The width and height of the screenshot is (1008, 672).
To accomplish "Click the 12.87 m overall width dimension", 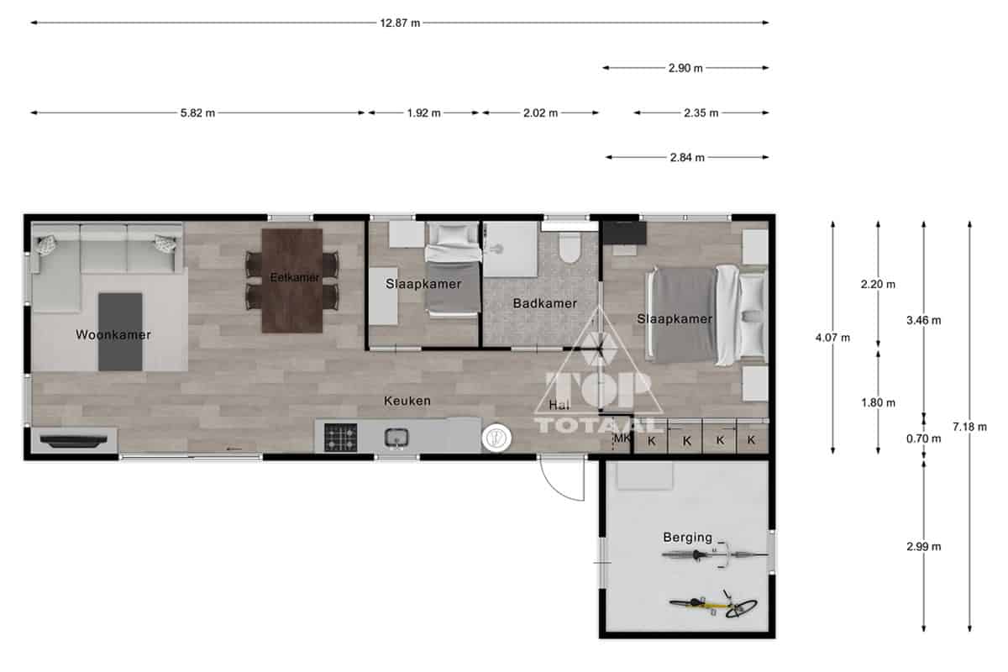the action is [x=400, y=23].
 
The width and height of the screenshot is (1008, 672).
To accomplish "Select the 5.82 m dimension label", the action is [x=197, y=113].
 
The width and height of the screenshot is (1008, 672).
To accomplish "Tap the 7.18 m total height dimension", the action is [x=969, y=427].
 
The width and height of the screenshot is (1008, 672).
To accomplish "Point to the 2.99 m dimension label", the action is [x=923, y=547].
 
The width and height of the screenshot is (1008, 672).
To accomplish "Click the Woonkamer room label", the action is [x=113, y=335].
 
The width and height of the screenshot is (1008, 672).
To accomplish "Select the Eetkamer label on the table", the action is [x=295, y=277].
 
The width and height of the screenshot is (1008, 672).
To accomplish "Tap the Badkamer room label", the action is [x=545, y=303].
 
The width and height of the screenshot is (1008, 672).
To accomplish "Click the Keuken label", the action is [x=407, y=401].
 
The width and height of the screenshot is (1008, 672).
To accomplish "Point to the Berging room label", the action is [x=688, y=538].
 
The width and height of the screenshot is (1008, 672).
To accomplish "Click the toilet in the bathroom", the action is [x=570, y=248].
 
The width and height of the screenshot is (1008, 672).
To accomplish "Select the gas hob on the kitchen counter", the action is [x=341, y=438].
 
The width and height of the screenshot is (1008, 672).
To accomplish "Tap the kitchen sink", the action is [x=396, y=438].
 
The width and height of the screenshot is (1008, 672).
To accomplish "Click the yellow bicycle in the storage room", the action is [x=714, y=606].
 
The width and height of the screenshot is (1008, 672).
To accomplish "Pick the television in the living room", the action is [x=74, y=441].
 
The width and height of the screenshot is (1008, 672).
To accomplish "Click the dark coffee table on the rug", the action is [x=120, y=332].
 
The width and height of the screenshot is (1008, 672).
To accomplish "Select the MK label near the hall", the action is [x=622, y=438].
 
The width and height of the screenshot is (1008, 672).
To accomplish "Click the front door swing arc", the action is [x=557, y=487].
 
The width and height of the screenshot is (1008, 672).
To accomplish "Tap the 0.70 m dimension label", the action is [x=923, y=438].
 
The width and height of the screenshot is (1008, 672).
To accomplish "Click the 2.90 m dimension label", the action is [x=685, y=68].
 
